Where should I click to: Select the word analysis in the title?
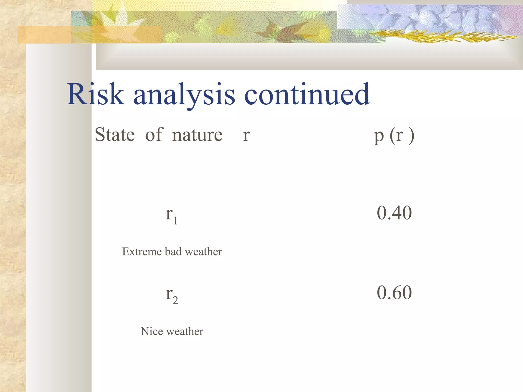pos(184,95)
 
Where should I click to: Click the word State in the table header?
pos(115,134)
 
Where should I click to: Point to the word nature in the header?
pos(197,135)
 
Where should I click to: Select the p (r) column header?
pos(394,136)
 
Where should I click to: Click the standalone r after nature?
pos(246,136)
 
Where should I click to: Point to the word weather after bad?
pos(203,252)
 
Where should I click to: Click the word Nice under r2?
pos(152,331)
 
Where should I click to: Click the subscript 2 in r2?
pos(175,300)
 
